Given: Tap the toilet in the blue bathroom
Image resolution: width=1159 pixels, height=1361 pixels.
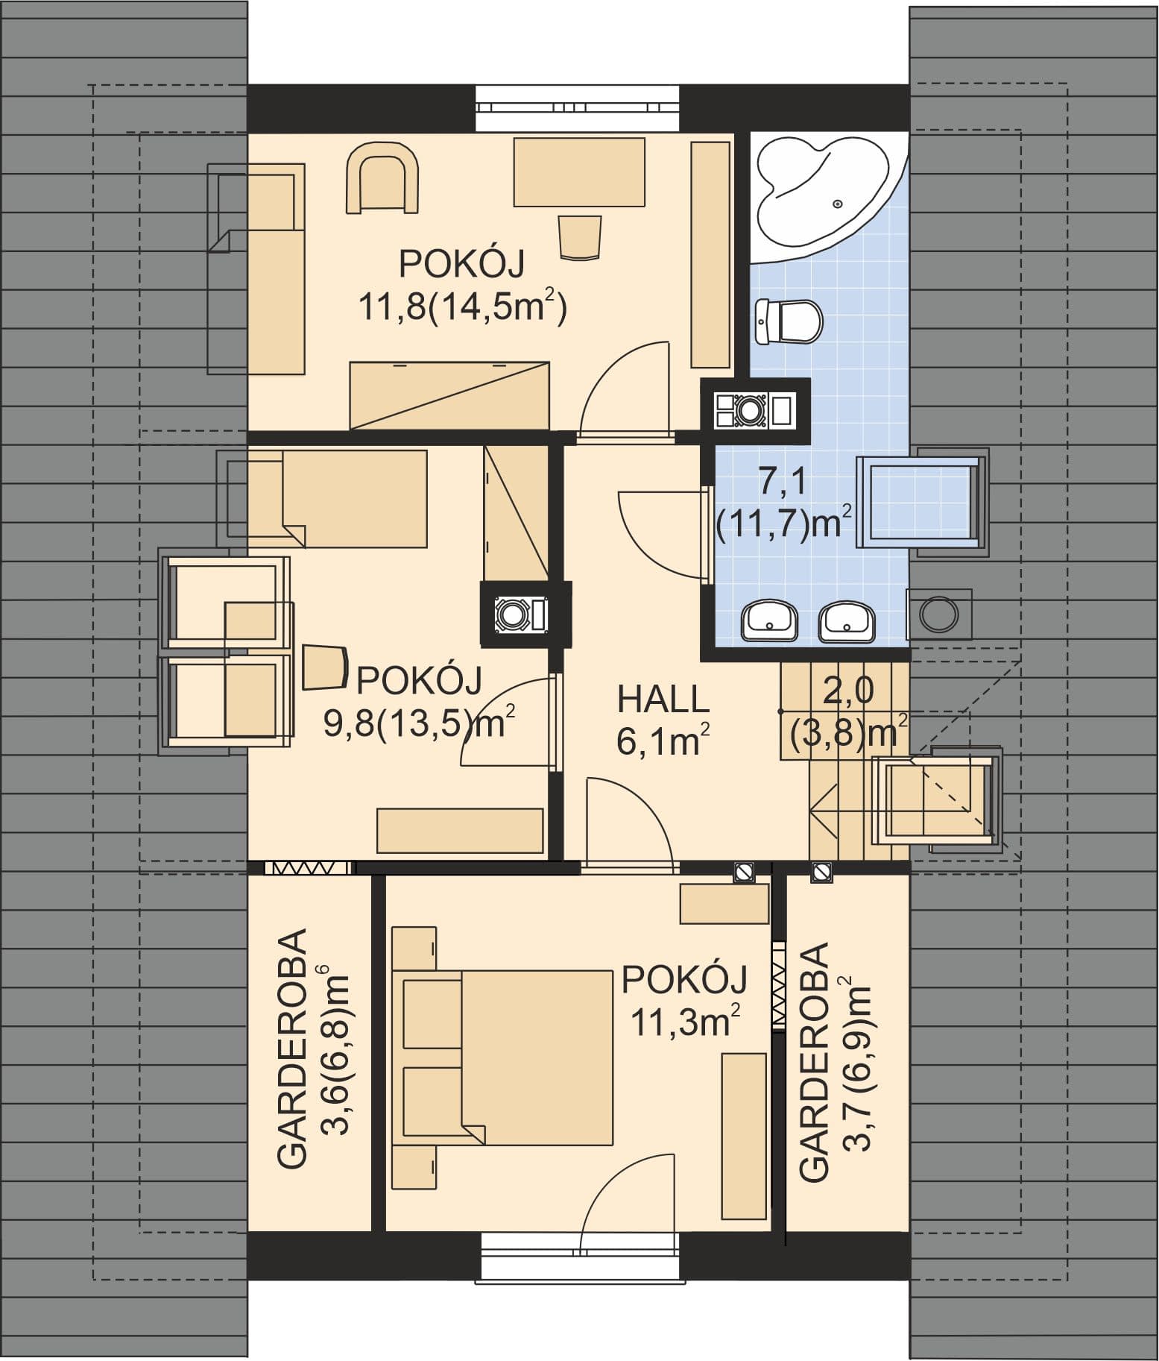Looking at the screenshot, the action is pyautogui.click(x=789, y=321).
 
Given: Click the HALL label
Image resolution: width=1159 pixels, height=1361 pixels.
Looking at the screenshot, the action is pyautogui.click(x=663, y=700).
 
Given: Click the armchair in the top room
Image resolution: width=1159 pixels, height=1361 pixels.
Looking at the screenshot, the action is pyautogui.click(x=383, y=178).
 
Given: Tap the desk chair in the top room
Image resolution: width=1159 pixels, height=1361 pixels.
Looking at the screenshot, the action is pyautogui.click(x=580, y=237).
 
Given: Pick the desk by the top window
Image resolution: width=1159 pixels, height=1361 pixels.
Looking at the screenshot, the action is pyautogui.click(x=579, y=172).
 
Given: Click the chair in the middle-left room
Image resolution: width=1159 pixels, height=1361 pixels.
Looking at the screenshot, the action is pyautogui.click(x=326, y=666).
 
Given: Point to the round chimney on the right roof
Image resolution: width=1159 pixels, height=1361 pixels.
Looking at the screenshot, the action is pyautogui.click(x=939, y=614).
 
